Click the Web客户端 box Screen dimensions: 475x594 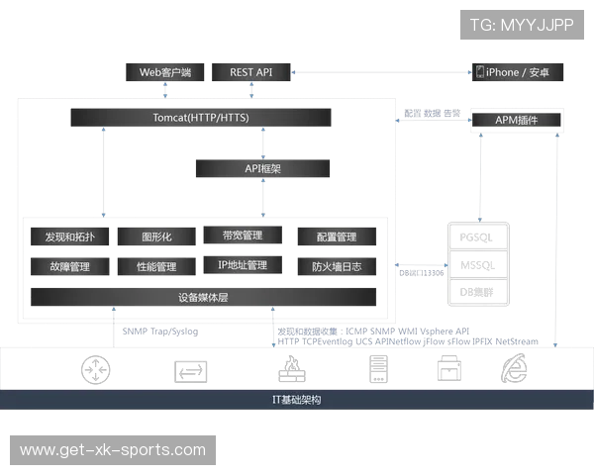point(165,73)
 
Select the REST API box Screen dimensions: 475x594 point(250,73)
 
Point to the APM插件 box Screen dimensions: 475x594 point(516,120)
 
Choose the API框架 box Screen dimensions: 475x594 point(263,169)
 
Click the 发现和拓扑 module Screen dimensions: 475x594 point(68,237)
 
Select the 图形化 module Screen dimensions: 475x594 point(156,237)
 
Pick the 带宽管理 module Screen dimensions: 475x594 point(243,236)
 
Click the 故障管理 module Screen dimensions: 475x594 point(68,267)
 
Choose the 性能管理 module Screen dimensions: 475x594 point(156,267)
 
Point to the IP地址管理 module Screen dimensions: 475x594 point(243,265)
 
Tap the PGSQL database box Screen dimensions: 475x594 point(477,237)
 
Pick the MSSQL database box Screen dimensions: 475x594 point(477,264)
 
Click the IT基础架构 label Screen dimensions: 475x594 point(297,401)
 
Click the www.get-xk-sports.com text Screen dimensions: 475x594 point(114,450)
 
